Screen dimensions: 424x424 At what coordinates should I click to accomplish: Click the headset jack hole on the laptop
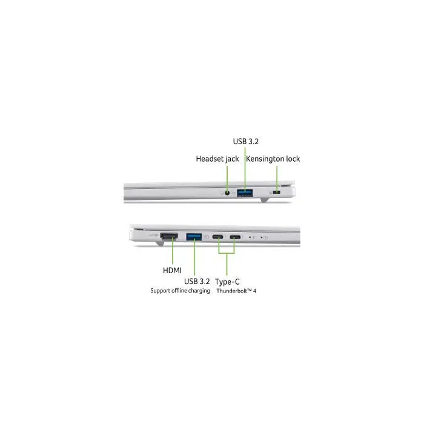point(227,193)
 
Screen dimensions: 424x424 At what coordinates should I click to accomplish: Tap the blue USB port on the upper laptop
point(245,193)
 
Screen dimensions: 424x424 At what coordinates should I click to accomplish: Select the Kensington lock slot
point(277,192)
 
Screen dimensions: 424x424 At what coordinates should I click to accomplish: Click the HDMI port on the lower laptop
point(169,236)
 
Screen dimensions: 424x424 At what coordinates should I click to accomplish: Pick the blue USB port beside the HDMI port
point(194,237)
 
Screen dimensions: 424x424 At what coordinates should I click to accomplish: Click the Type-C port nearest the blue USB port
point(218,237)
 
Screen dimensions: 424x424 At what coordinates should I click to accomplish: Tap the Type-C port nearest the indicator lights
point(235,237)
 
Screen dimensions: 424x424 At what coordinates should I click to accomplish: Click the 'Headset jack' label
point(217,159)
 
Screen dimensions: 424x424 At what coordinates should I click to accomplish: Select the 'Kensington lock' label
point(273,159)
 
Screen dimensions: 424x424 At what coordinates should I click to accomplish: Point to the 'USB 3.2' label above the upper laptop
point(246,141)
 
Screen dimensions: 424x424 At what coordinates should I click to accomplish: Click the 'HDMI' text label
point(172,270)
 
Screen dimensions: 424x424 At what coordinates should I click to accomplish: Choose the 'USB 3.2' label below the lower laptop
point(197,281)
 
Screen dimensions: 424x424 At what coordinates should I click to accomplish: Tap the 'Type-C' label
point(227,282)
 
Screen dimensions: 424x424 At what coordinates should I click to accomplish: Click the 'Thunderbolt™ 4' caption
point(236,291)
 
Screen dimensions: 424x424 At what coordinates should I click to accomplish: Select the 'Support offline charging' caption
point(180,291)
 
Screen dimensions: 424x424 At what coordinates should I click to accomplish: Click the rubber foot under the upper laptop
point(264,200)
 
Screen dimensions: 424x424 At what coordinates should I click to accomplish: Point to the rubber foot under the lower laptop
point(159,244)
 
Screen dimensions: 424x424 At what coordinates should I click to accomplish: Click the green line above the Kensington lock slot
point(277,178)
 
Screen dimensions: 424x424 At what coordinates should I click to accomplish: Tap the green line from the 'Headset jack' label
point(227,179)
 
